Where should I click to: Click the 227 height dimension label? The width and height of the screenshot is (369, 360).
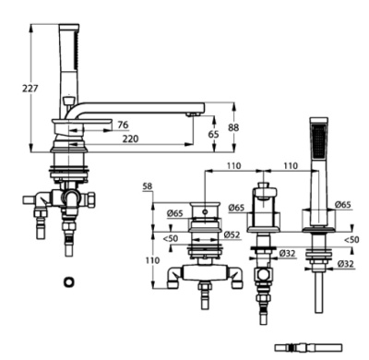tap(30, 89)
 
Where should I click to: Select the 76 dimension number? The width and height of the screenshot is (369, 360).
tap(123, 125)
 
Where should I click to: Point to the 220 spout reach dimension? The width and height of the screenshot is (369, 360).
tap(131, 138)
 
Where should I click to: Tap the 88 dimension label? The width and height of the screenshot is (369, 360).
tap(233, 127)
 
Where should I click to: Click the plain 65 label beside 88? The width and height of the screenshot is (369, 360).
tap(214, 134)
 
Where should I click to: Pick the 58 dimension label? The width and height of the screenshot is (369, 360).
tap(148, 186)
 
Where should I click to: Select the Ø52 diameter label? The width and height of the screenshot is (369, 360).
tap(232, 234)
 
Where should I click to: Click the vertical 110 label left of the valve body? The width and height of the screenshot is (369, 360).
tap(152, 260)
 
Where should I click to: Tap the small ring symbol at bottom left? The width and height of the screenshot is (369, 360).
tap(69, 282)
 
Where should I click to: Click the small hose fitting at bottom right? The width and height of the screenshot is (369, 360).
tap(308, 348)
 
